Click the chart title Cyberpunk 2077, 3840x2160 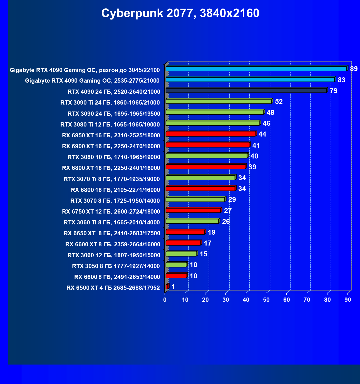click(180, 13)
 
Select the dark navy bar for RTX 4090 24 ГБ click(246, 90)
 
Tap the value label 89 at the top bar click(354, 69)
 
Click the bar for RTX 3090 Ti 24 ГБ click(219, 101)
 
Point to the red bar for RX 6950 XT click(210, 134)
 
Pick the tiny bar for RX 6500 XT click(167, 286)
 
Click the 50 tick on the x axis click(266, 300)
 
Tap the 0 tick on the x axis click(165, 300)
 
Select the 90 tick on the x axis click(347, 300)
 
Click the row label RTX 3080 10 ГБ click(114, 157)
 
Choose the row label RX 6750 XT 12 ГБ click(111, 212)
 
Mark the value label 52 click(279, 102)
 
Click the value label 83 click(341, 80)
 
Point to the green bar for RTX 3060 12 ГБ click(181, 254)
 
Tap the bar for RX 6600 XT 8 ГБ click(183, 243)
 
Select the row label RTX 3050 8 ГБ click(116, 266)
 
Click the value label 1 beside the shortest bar click(173, 287)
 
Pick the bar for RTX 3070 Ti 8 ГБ click(200, 178)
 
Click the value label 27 click(228, 211)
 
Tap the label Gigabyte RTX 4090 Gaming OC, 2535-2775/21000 click(92, 81)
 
